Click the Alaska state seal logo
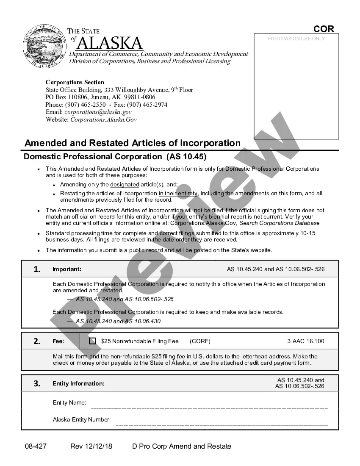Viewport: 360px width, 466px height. tap(44, 46)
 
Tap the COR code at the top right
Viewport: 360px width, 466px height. tap(324, 29)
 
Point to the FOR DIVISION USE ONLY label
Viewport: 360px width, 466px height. tap(296, 39)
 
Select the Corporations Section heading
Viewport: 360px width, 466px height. tap(75, 82)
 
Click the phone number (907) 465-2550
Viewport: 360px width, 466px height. tap(85, 105)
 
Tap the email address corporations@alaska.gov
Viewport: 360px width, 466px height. tap(98, 112)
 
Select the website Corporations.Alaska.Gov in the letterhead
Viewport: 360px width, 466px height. tap(103, 120)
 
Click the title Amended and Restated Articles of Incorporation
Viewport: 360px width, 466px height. tap(133, 143)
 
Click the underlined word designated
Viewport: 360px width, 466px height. tap(125, 185)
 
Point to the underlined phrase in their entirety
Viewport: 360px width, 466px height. tap(178, 194)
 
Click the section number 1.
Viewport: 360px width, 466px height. tap(37, 269)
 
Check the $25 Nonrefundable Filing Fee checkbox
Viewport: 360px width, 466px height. tap(92, 341)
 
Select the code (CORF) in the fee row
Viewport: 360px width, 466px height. tap(200, 341)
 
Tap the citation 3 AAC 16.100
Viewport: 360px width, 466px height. tap(305, 341)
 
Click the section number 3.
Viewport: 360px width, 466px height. tap(37, 384)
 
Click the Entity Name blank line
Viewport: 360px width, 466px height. tap(210, 407)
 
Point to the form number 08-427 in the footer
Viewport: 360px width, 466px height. tap(35, 447)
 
